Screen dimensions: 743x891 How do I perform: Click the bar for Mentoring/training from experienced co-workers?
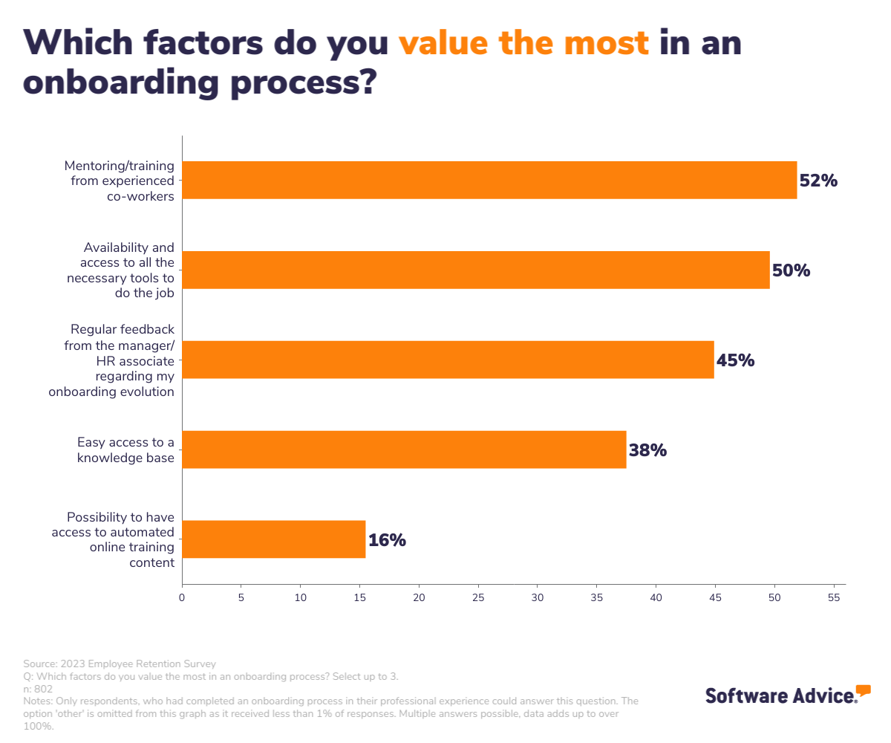click(489, 180)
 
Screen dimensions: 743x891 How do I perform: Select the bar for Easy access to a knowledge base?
click(404, 450)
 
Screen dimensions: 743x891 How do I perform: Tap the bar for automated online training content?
click(274, 539)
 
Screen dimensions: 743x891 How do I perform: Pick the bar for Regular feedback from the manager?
click(448, 360)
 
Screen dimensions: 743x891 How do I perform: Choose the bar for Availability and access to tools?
click(476, 270)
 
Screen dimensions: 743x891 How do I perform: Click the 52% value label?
click(818, 181)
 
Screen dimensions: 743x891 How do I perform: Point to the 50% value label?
click(791, 270)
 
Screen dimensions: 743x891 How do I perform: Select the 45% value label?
click(735, 360)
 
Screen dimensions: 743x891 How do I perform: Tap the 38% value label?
click(647, 450)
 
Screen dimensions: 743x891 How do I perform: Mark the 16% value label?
click(387, 540)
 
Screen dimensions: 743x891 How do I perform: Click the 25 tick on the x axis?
click(478, 597)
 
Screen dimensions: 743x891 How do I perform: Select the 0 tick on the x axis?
click(182, 597)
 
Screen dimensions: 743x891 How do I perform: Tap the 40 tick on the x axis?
click(656, 597)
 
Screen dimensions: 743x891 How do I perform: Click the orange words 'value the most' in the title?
click(523, 43)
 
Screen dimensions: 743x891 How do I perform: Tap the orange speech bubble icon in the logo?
click(863, 690)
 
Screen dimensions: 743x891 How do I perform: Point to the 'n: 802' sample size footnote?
click(39, 689)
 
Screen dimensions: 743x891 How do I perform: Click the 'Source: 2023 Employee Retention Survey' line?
click(120, 663)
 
